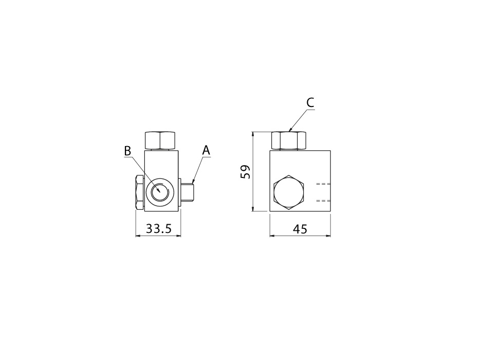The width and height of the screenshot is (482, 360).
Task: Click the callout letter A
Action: coord(206,151)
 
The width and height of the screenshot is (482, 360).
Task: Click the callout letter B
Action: coord(127,151)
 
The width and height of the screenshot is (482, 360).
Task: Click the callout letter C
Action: coord(310,102)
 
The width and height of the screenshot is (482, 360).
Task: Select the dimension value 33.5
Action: coord(158,229)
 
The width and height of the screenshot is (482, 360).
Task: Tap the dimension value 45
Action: coord(300,229)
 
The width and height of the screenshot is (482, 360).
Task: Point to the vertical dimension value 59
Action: coord(246,172)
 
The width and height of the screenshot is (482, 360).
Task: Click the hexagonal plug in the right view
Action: coord(288,193)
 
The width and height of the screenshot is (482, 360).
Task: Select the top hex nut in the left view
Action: coord(160,140)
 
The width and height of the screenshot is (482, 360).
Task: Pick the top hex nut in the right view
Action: coord(289,140)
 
